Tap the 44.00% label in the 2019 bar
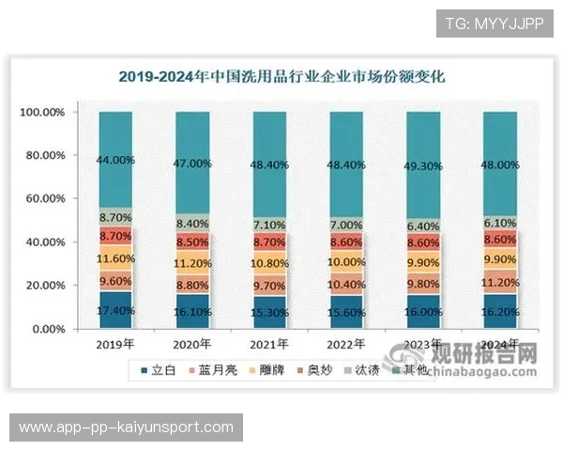coord(115,161)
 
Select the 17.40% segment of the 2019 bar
coord(115,310)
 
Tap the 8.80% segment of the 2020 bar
coord(191,286)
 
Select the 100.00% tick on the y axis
coord(42,113)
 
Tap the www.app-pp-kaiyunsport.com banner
coord(127,428)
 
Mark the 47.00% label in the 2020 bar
coord(191,163)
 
